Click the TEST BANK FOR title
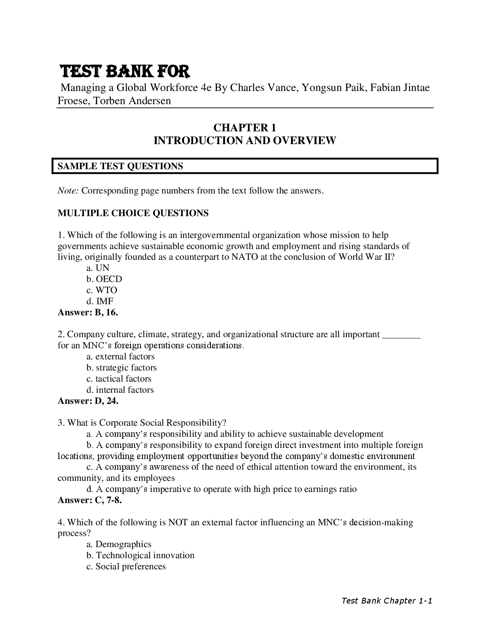(x=125, y=72)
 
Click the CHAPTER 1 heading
(x=245, y=128)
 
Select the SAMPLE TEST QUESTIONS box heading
(x=120, y=166)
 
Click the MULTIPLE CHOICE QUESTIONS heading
(x=133, y=213)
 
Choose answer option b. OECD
(x=104, y=279)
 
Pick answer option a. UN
(x=98, y=268)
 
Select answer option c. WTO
(x=102, y=290)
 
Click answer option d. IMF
(x=100, y=301)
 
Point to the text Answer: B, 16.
(x=88, y=312)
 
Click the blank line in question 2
(x=401, y=334)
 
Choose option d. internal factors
(x=120, y=390)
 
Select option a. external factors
(x=120, y=357)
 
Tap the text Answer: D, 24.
(x=88, y=401)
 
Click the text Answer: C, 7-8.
(x=89, y=501)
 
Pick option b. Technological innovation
(x=140, y=555)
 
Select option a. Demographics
(x=119, y=544)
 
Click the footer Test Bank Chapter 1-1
(x=387, y=601)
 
